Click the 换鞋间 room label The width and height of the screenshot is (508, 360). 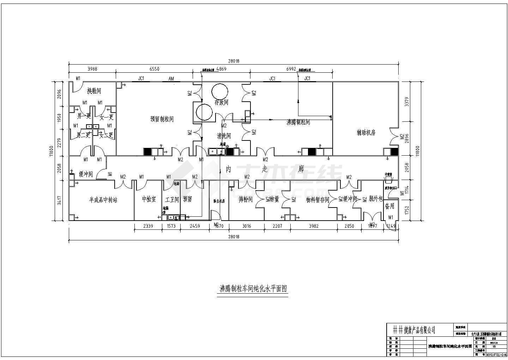[94, 91]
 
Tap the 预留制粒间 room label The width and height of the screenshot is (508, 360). [162, 119]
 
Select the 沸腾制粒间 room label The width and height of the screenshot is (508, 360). [298, 122]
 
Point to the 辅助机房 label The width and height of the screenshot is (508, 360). [366, 133]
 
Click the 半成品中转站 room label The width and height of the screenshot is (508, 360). [103, 200]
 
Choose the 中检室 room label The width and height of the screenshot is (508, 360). [149, 199]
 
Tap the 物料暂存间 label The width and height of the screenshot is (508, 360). [317, 200]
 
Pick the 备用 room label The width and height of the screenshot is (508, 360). [389, 206]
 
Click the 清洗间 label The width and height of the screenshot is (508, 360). [224, 136]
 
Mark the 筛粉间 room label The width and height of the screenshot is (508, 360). [246, 199]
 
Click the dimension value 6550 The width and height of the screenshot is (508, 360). [154, 69]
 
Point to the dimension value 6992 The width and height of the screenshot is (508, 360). [291, 69]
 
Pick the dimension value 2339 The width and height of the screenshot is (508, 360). [148, 226]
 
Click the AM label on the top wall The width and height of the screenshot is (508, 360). [171, 78]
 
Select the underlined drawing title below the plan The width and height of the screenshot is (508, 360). [253, 288]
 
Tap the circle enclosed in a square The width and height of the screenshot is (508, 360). [204, 112]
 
